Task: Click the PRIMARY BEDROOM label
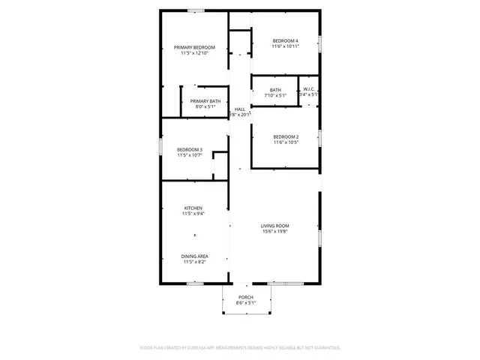(x=194, y=47)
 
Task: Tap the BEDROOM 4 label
(x=286, y=40)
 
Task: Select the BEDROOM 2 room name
(x=286, y=136)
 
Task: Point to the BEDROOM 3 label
(x=190, y=149)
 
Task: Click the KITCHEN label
(x=193, y=208)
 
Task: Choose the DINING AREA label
(x=194, y=256)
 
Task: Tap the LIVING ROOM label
(x=275, y=226)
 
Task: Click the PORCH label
(x=245, y=298)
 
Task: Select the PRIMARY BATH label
(x=205, y=101)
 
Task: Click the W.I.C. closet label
(x=309, y=89)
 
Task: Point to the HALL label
(x=240, y=109)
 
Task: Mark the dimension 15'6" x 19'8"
(x=275, y=232)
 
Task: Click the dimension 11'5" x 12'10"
(x=194, y=53)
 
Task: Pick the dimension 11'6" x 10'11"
(x=286, y=46)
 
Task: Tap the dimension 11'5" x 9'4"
(x=193, y=214)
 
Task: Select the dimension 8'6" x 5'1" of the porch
(x=245, y=304)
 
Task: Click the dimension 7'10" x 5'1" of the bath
(x=275, y=95)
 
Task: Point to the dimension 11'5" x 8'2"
(x=194, y=262)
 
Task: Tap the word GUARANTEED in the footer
(x=325, y=348)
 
